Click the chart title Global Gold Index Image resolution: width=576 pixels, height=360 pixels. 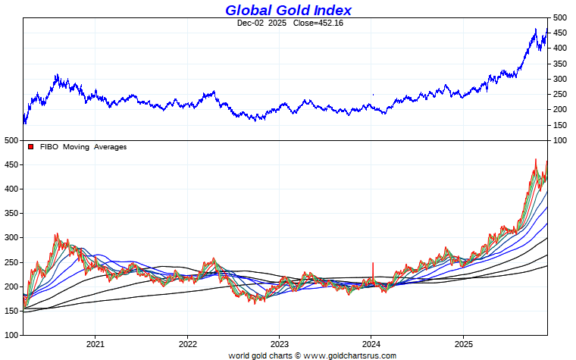click(288, 10)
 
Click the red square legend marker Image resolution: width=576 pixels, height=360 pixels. click(31, 146)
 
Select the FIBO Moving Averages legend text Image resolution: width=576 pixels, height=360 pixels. click(83, 146)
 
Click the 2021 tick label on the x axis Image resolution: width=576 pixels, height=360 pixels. click(95, 343)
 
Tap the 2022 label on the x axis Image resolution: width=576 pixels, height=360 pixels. click(187, 343)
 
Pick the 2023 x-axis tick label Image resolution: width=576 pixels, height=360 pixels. click(279, 343)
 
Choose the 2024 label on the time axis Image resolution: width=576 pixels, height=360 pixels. click(371, 343)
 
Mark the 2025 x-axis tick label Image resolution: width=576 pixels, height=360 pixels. click(464, 343)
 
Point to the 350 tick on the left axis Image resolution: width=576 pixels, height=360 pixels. click(9, 213)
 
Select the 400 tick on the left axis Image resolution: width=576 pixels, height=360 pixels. click(9, 189)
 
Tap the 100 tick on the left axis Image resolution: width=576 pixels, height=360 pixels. click(9, 334)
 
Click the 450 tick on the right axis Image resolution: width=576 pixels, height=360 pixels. click(559, 33)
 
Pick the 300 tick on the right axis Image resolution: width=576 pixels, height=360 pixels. click(559, 79)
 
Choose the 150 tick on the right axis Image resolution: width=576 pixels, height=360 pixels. click(559, 125)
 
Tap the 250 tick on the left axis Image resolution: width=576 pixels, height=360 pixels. click(9, 261)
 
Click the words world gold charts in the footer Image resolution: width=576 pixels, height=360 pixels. click(260, 355)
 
